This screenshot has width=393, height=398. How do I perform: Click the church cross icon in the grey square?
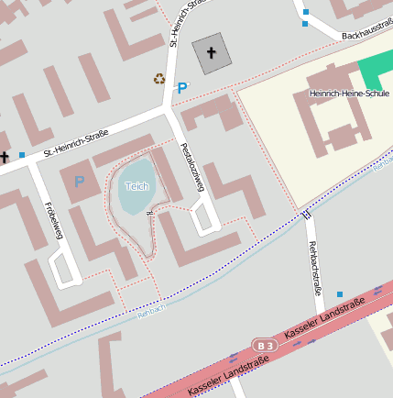[212, 53]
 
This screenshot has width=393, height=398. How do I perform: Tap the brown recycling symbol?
[159, 79]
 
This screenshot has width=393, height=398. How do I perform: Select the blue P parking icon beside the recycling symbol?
[181, 88]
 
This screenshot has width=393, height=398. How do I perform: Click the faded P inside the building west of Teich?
[79, 182]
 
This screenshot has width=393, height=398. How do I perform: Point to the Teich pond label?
[136, 186]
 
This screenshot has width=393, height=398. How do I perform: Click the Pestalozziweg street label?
[191, 167]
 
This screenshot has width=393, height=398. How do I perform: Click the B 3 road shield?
[265, 345]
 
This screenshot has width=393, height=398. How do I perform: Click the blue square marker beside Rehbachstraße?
[340, 294]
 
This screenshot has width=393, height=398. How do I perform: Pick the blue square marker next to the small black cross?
[22, 155]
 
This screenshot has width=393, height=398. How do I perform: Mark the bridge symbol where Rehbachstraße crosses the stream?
[307, 215]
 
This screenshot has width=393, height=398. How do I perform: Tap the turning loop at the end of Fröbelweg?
[64, 270]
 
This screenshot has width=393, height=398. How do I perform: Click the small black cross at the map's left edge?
[5, 157]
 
